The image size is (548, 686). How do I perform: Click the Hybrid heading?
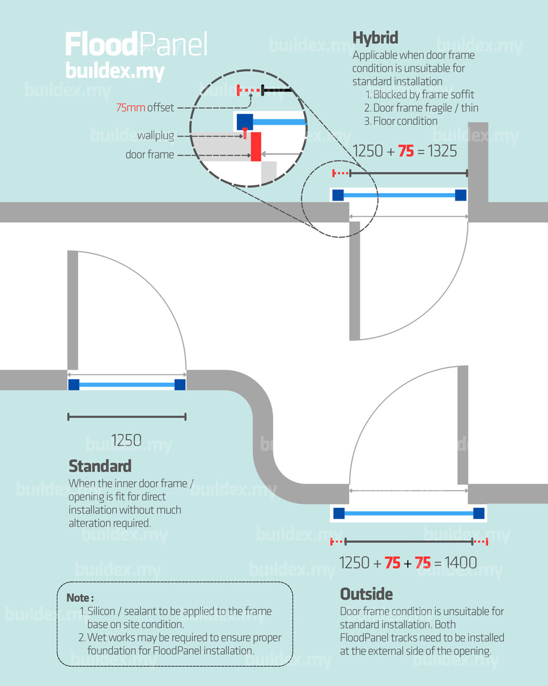tap(375, 38)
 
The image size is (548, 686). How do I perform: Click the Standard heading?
tap(100, 466)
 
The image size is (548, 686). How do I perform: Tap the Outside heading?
tap(366, 594)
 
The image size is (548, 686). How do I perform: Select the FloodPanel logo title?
tap(136, 45)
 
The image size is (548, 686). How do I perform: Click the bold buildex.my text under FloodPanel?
tap(115, 71)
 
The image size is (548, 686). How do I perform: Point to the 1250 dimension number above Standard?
tap(126, 440)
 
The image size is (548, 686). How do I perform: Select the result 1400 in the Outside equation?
tap(460, 563)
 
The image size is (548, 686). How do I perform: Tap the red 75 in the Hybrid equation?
tap(405, 151)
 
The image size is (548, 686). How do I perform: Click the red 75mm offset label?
tap(131, 108)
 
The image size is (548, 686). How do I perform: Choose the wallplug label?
tap(155, 136)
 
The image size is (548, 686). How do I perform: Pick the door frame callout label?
tap(150, 154)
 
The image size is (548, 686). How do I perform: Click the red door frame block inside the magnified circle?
tap(256, 147)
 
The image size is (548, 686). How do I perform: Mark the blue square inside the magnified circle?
tap(245, 122)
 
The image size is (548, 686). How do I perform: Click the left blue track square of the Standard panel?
tap(74, 384)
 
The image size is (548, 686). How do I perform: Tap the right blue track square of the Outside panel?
tap(478, 513)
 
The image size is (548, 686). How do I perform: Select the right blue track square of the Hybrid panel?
tap(460, 195)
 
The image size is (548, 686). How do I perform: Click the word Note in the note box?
tap(78, 598)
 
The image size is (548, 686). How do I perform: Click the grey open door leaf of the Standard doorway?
tap(73, 310)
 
